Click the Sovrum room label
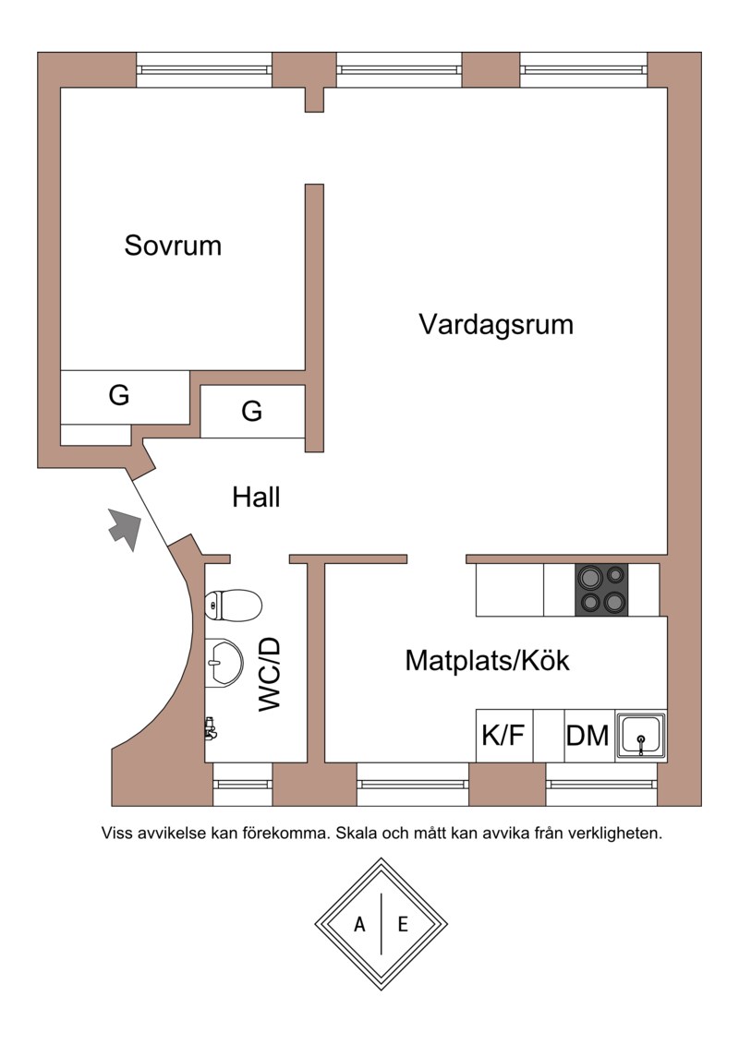[173, 245]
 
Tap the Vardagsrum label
[496, 324]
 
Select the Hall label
[256, 497]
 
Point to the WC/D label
[270, 674]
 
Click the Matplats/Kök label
[487, 661]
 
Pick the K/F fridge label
[503, 736]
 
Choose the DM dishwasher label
[588, 736]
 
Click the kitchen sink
[641, 736]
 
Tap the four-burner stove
[601, 590]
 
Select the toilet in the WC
[233, 605]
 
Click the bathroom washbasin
[224, 662]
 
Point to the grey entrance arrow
[125, 529]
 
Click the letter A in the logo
[360, 924]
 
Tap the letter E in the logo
[403, 924]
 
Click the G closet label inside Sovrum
[118, 395]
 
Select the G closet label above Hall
[252, 411]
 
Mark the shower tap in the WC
[211, 729]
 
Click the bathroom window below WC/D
[243, 784]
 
